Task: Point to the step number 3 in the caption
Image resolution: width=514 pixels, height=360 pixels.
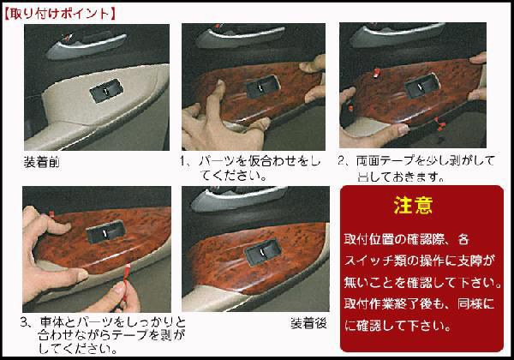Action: [x=25, y=324]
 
